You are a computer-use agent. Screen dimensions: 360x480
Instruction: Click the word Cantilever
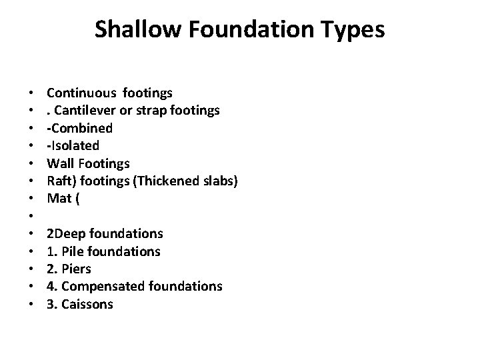pos(83,110)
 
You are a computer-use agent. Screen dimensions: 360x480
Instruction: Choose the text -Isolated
pos(73,145)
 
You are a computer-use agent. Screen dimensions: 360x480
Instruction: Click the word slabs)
pos(215,181)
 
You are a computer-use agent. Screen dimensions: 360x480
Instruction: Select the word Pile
pos(71,251)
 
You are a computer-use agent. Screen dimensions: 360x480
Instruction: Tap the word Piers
pos(76,269)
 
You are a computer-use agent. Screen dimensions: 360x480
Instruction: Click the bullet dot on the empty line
pos(31,216)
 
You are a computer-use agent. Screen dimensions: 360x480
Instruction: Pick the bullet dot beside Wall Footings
pos(31,163)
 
